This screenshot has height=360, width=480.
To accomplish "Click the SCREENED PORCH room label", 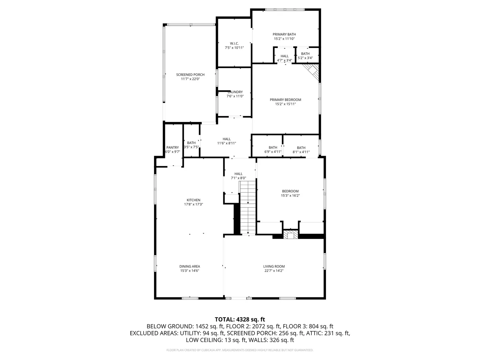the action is (190, 75).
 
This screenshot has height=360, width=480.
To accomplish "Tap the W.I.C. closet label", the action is (234, 43).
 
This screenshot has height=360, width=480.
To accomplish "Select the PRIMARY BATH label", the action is (284, 34).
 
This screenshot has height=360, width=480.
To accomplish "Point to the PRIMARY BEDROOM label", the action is (285, 100).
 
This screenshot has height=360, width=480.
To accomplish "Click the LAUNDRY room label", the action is (235, 92).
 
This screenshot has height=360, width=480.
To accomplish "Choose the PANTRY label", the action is (173, 148).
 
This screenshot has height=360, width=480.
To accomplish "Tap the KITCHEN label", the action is (193, 200).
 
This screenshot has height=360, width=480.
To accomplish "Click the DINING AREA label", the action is (190, 266).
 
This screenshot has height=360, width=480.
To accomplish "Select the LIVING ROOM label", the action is (274, 266).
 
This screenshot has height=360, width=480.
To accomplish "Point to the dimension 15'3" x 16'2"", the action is (290, 195).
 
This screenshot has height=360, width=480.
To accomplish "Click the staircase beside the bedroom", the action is (248, 208).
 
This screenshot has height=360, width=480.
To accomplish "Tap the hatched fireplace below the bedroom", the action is (291, 234).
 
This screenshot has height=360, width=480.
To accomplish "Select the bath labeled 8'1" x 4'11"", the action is (301, 150).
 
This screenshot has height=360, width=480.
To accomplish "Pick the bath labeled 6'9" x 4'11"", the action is (273, 150).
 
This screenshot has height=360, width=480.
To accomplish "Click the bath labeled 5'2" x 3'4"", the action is (305, 56).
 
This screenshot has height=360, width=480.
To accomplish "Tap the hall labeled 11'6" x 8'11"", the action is (227, 141).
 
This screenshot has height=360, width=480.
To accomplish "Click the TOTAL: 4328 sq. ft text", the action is (240, 319).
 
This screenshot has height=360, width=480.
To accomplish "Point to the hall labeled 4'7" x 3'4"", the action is (285, 58).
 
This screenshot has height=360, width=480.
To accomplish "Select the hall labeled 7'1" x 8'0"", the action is (238, 176).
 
